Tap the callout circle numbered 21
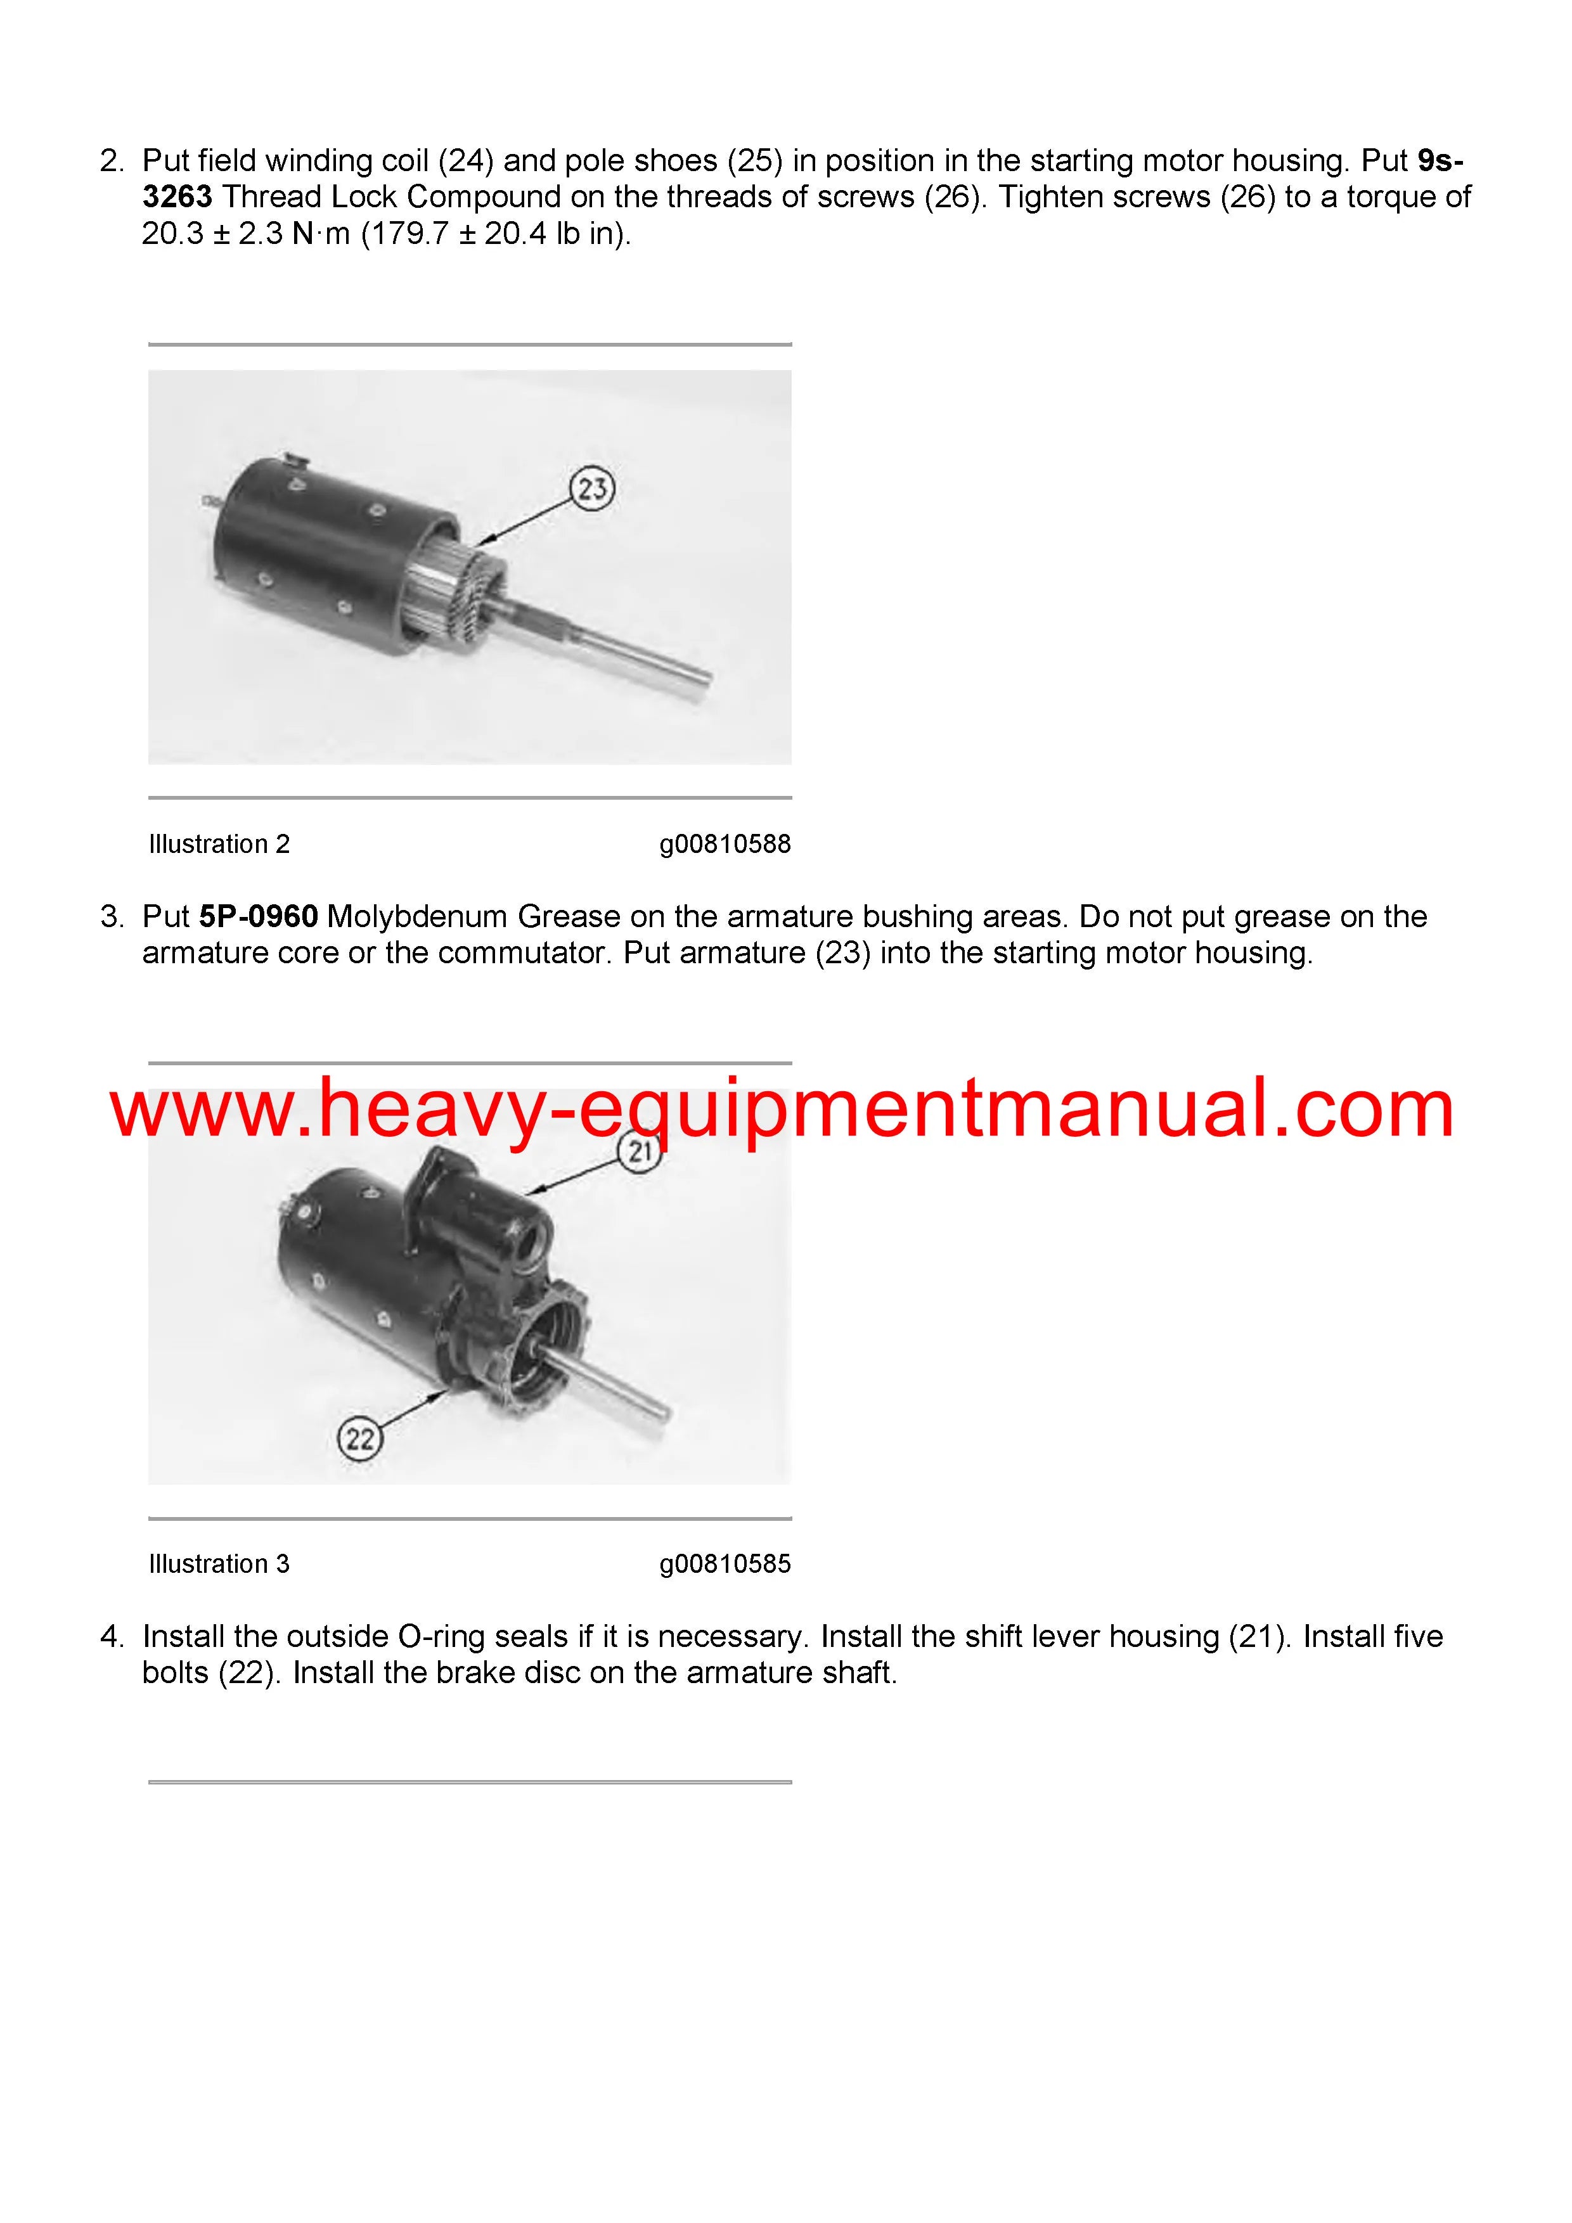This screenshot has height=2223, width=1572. click(638, 1152)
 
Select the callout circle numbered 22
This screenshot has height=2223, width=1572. click(359, 1438)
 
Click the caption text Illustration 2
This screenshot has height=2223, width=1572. click(219, 844)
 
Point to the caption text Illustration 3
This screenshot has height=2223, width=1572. click(219, 1564)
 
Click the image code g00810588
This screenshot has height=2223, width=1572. click(725, 844)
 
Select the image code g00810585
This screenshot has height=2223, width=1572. click(725, 1564)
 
